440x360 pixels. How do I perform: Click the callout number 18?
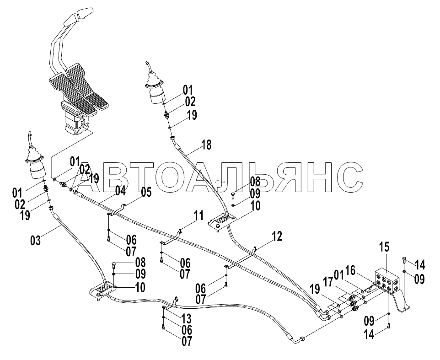[206, 145]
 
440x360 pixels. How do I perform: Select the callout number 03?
[36, 241]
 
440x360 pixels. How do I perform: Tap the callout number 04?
[120, 191]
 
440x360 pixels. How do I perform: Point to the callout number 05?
[146, 193]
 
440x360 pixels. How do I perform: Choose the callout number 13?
[186, 319]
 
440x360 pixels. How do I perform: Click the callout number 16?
[350, 271]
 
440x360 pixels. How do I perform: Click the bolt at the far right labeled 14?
[403, 260]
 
